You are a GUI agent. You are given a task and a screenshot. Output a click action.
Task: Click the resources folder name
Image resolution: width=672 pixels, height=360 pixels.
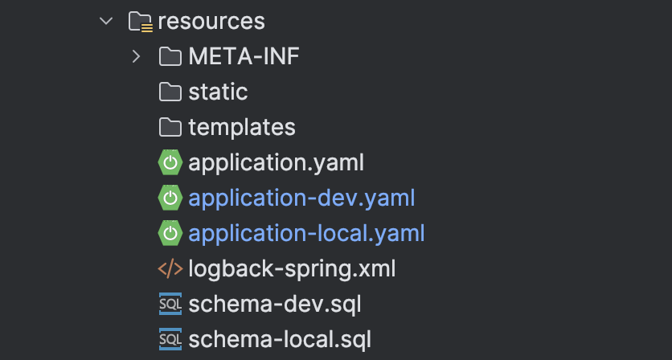tap(211, 22)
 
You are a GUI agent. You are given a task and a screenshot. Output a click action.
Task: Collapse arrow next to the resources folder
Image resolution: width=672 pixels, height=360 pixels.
tap(106, 21)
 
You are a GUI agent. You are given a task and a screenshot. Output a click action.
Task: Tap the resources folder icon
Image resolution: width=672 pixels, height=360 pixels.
tap(141, 22)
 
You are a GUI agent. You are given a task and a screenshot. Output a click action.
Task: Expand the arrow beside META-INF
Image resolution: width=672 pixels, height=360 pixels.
tap(137, 56)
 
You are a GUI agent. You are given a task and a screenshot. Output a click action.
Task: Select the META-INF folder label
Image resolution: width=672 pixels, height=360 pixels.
tap(244, 56)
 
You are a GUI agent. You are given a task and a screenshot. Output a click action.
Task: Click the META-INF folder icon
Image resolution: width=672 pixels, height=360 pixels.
tap(170, 56)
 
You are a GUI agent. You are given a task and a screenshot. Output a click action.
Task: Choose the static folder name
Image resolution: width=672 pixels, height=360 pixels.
tap(218, 92)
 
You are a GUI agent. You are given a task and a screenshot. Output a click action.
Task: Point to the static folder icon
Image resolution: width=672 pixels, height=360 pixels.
tap(170, 92)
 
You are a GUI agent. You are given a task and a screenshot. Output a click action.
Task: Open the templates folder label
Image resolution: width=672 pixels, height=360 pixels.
tap(242, 127)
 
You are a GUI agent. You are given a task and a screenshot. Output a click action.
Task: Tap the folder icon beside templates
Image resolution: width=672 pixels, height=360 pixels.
tap(170, 127)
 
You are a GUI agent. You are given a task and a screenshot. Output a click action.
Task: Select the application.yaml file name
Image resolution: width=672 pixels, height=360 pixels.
tap(276, 163)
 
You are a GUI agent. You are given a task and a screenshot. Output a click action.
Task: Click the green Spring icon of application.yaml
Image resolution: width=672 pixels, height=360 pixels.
tap(170, 162)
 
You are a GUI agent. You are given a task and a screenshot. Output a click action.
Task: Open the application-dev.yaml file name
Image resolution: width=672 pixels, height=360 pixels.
tap(301, 198)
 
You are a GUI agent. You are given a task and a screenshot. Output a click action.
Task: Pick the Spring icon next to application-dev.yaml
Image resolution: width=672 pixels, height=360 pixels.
tap(170, 198)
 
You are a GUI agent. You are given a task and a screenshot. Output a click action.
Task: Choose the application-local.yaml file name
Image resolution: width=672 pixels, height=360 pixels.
tap(306, 234)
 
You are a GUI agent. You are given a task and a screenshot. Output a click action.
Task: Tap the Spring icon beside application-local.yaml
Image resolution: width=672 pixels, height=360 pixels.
tap(170, 234)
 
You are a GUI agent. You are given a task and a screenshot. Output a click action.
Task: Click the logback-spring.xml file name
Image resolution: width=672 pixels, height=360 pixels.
tap(292, 269)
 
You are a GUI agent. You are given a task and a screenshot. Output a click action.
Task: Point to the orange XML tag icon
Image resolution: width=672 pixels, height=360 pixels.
tap(170, 269)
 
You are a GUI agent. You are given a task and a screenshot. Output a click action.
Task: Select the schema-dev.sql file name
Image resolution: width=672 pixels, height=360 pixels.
tap(275, 305)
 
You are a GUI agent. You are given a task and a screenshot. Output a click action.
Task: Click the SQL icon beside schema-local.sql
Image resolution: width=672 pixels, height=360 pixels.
tap(170, 339)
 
